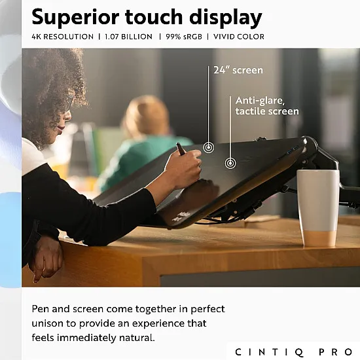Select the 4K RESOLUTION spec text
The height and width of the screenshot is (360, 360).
pos(62,37)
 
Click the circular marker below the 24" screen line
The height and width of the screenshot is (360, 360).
pos(209,147)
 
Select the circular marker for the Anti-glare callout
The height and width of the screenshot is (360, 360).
pos(230,163)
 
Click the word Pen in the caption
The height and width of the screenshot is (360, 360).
pos(41,309)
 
